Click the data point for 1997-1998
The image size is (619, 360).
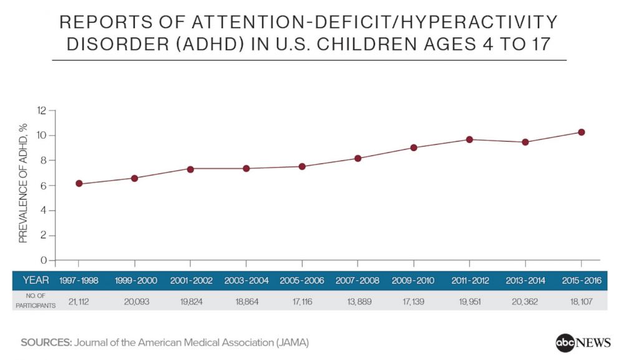tap(79, 183)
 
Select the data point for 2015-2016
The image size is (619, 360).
tap(581, 132)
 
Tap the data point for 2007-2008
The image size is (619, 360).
tap(358, 158)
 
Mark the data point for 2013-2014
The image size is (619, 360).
tap(525, 142)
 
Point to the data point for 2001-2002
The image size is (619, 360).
tap(190, 169)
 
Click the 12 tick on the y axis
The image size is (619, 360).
tap(42, 110)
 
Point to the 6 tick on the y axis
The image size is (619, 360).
tap(44, 185)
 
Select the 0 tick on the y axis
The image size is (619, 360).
tap(44, 260)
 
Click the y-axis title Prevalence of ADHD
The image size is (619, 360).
tap(23, 182)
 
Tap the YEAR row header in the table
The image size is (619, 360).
tap(36, 280)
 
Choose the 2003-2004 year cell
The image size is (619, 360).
tap(246, 281)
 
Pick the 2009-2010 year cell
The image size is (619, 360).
tap(414, 281)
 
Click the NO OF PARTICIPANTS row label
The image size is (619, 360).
tap(36, 300)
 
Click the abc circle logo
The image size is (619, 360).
tap(565, 343)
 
